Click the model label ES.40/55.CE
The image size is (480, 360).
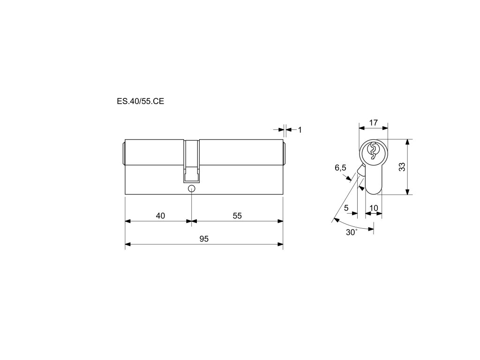140,101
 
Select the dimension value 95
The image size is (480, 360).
204,239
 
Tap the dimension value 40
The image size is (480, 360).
160,216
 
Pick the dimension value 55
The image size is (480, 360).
237,216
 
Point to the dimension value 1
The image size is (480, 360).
300,130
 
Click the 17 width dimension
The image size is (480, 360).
373,123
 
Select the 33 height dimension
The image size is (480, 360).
402,167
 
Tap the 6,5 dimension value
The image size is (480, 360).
340,168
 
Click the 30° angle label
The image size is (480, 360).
352,232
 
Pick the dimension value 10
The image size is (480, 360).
374,208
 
